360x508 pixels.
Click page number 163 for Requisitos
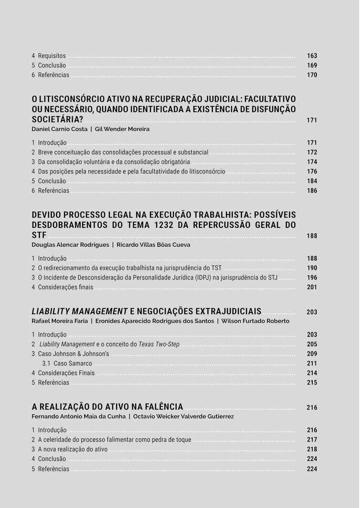click(x=312, y=56)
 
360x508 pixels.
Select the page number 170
click(x=312, y=75)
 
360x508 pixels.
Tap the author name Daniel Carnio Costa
click(x=59, y=129)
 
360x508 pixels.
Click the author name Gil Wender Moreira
click(x=122, y=129)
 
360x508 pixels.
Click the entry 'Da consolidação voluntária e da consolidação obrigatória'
click(x=114, y=162)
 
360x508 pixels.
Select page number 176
click(x=312, y=172)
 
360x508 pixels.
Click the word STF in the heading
click(x=39, y=236)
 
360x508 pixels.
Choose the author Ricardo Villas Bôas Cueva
click(x=153, y=245)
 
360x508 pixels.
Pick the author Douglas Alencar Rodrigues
click(x=70, y=245)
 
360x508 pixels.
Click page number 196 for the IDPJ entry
click(x=312, y=278)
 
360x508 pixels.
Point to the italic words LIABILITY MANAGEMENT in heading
click(x=80, y=312)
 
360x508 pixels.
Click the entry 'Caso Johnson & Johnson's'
click(x=73, y=354)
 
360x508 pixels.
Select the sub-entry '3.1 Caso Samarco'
click(x=67, y=363)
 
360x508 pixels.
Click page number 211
click(x=312, y=363)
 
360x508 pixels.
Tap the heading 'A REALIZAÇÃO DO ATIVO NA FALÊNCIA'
click(x=107, y=407)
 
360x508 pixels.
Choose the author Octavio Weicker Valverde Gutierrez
click(x=183, y=417)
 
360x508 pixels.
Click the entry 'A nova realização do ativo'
click(x=72, y=449)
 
